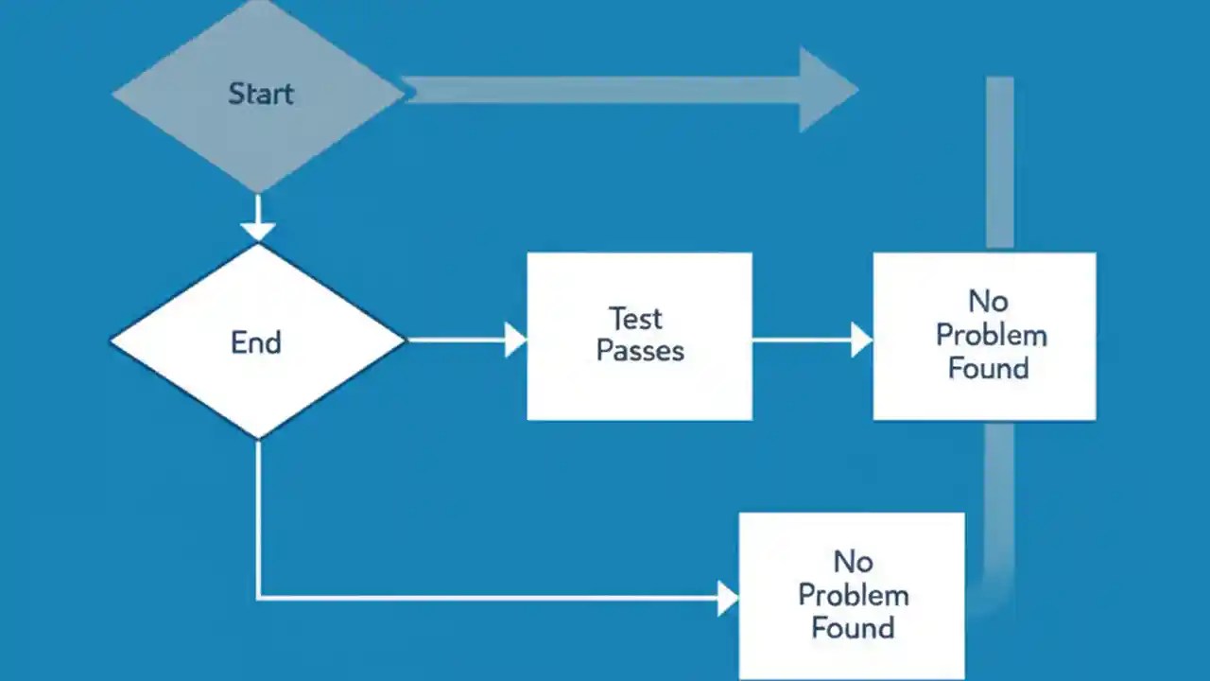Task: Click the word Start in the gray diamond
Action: [x=261, y=94]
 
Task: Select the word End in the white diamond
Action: [x=256, y=341]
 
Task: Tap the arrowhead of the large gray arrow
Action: [x=826, y=90]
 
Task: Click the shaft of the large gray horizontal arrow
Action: [x=605, y=90]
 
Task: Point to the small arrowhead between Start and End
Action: [x=258, y=229]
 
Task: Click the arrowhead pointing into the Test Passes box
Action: [x=515, y=340]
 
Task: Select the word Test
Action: [x=635, y=318]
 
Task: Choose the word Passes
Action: [x=640, y=351]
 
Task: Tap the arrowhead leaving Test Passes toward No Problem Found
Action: [x=860, y=340]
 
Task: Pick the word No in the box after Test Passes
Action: [x=988, y=302]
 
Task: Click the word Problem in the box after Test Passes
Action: [x=991, y=335]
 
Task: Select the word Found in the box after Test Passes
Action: [x=988, y=368]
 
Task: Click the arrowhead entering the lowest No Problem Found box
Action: [x=727, y=598]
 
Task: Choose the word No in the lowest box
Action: [x=853, y=562]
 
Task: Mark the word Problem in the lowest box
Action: [x=853, y=595]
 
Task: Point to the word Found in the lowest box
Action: [x=853, y=628]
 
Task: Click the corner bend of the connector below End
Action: [x=258, y=597]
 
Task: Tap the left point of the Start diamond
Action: [x=115, y=94]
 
